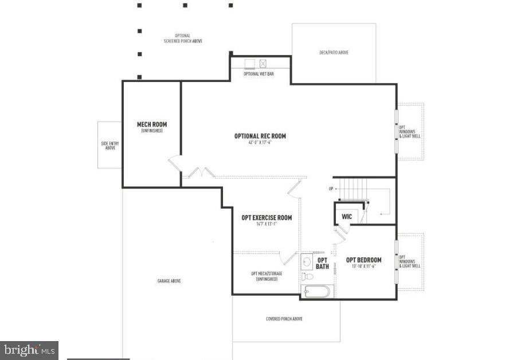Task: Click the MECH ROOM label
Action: [152, 124]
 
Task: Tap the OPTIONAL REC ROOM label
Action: [260, 136]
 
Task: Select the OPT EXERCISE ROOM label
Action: [267, 218]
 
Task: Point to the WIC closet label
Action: [347, 217]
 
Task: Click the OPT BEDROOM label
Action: [364, 260]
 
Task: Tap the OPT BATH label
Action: [322, 263]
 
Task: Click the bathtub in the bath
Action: [316, 291]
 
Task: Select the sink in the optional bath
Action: [307, 262]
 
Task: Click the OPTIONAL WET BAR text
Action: [258, 74]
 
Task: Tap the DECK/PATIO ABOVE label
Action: [334, 53]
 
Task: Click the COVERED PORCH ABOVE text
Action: [284, 319]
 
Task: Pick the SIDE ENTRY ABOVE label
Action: [109, 146]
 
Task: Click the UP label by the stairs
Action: [331, 189]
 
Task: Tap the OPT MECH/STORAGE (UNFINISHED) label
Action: [267, 276]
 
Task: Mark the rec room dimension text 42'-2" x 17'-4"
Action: [260, 142]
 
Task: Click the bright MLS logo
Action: [29, 350]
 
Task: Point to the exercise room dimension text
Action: [267, 224]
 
